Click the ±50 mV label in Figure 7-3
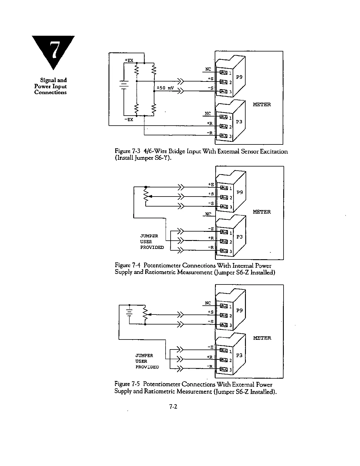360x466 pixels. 164,88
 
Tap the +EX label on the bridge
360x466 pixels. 129,60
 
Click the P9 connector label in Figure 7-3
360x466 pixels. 239,77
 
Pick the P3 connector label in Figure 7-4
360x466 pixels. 239,237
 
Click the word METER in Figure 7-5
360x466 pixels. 262,338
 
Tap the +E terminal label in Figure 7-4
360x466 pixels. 211,184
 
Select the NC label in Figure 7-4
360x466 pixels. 208,214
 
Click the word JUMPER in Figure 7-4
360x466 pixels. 149,236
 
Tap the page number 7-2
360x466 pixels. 173,407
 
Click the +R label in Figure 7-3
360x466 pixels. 209,123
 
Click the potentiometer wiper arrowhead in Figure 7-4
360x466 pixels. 150,197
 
